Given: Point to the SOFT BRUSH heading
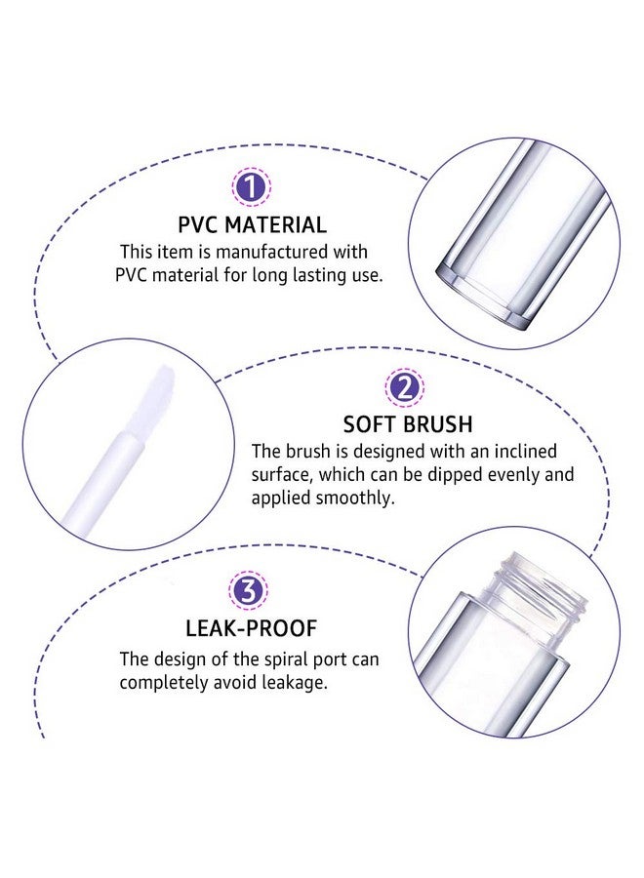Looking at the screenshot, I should click(x=408, y=424).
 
